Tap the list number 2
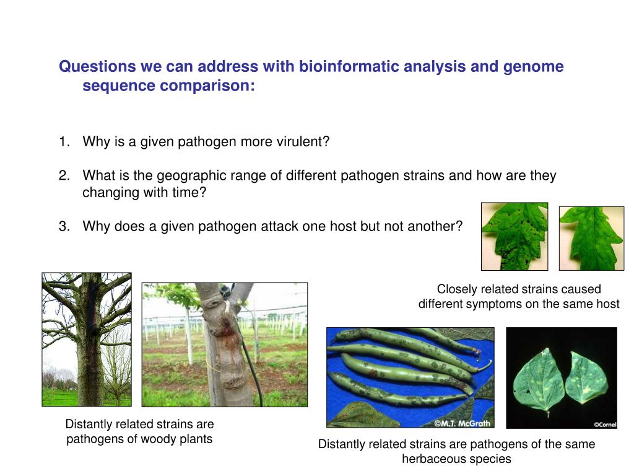click(64, 175)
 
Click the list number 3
click(64, 226)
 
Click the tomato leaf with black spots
click(515, 236)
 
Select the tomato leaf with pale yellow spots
click(591, 239)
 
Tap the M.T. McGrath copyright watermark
click(462, 423)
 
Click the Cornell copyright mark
click(605, 425)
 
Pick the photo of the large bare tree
click(87, 339)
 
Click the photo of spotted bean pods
click(410, 377)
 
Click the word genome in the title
click(533, 67)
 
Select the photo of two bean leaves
click(562, 378)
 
